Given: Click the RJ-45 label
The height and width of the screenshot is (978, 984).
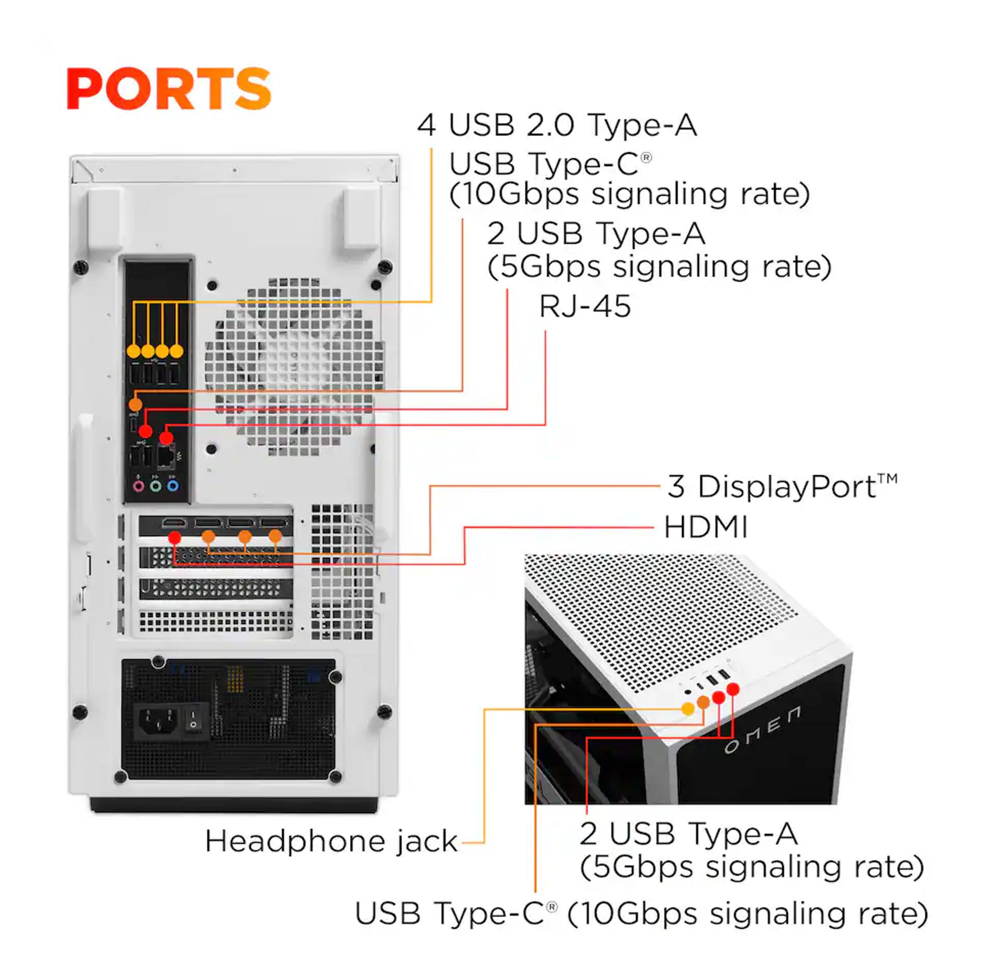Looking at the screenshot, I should point(585,306).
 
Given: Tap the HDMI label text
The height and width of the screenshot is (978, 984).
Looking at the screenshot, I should point(706,526).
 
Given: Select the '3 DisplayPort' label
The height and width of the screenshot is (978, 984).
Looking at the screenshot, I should point(782,486).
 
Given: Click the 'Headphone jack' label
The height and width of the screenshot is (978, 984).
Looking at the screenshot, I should point(331,840).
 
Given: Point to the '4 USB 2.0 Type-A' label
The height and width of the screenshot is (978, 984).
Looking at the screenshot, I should point(557,125).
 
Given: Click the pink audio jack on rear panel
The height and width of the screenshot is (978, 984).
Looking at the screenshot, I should point(139,486).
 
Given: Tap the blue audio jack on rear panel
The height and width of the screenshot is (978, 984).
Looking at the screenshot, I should point(173,486).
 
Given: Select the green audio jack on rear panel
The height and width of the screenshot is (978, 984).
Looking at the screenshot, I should point(156,486).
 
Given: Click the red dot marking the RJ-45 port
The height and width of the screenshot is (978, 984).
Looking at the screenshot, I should point(166,438).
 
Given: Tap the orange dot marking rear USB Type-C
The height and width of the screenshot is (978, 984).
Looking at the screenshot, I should point(135,405).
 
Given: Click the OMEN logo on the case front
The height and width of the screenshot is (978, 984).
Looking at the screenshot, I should point(763,729).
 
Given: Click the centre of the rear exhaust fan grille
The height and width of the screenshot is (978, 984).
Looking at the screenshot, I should point(295,367).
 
